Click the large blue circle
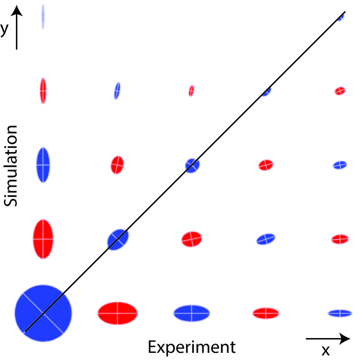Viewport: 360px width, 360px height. pos(43,313)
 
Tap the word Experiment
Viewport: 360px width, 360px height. pos(192,347)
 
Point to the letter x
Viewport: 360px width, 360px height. pos(325,350)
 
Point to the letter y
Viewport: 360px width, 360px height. pos(5,29)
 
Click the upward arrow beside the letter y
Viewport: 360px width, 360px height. pos(17,28)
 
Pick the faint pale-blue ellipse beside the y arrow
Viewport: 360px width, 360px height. pos(43,17)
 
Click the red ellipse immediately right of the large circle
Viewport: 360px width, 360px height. pos(118,313)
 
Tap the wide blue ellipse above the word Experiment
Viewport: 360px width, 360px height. pos(192,313)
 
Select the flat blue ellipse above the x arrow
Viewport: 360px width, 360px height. pos(340,313)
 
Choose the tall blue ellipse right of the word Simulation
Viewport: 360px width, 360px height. pos(43,164)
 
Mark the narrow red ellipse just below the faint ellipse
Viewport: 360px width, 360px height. pos(43,91)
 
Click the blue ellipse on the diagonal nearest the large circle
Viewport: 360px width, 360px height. pos(118,239)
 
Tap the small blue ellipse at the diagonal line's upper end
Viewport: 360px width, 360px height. pos(341,17)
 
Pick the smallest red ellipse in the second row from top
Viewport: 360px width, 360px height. pos(191,91)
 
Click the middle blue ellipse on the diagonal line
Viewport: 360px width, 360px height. pos(192,165)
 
